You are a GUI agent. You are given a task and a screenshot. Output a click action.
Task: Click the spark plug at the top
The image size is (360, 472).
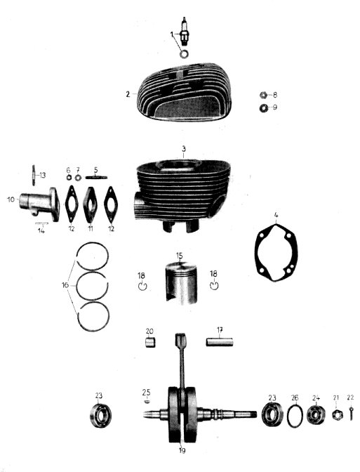pyautogui.click(x=184, y=32)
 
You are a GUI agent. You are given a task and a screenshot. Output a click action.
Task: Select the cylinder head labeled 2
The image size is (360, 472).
pyautogui.click(x=184, y=92)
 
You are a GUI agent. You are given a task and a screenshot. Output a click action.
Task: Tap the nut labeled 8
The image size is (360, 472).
pyautogui.click(x=263, y=95)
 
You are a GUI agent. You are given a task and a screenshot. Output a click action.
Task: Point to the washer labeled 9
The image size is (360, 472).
pyautogui.click(x=264, y=107)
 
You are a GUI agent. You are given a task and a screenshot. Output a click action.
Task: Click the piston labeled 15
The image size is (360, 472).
pyautogui.click(x=181, y=283)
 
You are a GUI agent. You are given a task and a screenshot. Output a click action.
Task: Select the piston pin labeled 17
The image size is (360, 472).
pyautogui.click(x=220, y=342)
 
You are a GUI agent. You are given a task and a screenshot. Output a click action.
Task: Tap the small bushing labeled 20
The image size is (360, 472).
pyautogui.click(x=149, y=343)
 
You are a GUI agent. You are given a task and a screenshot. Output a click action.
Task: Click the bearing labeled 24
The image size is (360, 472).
pyautogui.click(x=316, y=415)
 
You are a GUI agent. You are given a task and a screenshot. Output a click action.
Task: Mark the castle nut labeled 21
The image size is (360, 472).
pyautogui.click(x=336, y=415)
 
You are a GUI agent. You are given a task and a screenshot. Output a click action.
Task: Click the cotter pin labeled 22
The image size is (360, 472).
pyautogui.click(x=352, y=412)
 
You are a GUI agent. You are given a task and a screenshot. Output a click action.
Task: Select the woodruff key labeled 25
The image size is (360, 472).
pyautogui.click(x=147, y=401)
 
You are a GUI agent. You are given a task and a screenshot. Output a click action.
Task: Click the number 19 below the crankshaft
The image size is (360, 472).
pyautogui.click(x=182, y=451)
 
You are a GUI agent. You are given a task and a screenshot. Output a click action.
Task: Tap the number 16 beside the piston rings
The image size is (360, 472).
pyautogui.click(x=65, y=284)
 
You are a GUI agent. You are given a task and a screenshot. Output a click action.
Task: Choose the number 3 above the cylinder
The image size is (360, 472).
pyautogui.click(x=184, y=149)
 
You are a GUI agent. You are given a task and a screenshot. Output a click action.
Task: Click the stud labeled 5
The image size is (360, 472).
pyautogui.click(x=96, y=177)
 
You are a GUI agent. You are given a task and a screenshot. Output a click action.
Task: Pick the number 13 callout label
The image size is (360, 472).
pyautogui.click(x=42, y=175)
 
